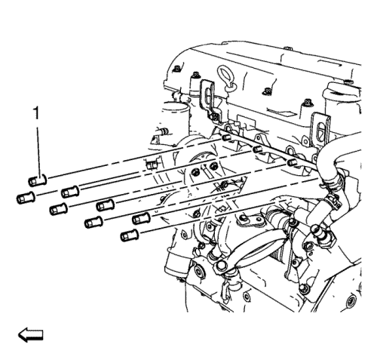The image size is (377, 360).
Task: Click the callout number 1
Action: pyautogui.click(x=37, y=113)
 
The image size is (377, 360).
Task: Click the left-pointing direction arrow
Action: pyautogui.click(x=31, y=335)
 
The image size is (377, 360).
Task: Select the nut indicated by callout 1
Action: pyautogui.click(x=37, y=180)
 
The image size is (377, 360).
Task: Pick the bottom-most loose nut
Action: pyautogui.click(x=130, y=235)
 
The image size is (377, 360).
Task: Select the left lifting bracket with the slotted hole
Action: pyautogui.click(x=209, y=100)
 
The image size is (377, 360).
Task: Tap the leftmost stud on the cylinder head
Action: pyautogui.click(x=226, y=137)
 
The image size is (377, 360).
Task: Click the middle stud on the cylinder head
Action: pyautogui.click(x=257, y=149)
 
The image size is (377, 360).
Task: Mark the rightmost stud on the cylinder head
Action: pyautogui.click(x=291, y=162)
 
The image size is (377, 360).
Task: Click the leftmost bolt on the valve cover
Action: pyautogui.click(x=177, y=69)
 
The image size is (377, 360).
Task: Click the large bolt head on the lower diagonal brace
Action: pyautogui.click(x=221, y=266)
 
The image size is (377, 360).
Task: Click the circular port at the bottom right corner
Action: pyautogui.click(x=351, y=301)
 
